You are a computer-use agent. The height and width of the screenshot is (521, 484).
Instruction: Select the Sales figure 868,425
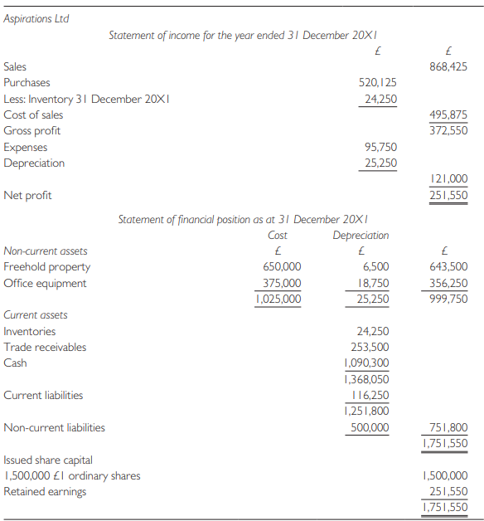click(x=448, y=66)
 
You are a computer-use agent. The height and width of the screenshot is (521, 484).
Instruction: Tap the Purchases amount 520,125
click(x=377, y=82)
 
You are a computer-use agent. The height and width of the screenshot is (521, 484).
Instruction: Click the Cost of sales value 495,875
click(x=448, y=114)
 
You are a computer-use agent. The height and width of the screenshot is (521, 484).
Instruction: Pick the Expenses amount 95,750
click(x=380, y=147)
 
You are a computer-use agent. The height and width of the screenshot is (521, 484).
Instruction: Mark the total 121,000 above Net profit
click(x=450, y=178)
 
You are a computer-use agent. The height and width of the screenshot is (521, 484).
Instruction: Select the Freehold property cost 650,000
click(x=281, y=267)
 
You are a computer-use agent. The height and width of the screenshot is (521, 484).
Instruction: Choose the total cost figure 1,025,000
click(x=278, y=299)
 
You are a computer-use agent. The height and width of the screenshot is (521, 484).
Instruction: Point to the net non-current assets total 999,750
click(x=448, y=299)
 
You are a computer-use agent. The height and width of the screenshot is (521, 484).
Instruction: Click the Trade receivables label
click(x=45, y=347)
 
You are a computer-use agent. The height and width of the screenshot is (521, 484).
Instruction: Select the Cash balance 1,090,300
click(x=365, y=363)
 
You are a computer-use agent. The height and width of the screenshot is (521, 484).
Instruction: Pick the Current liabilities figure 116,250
click(x=369, y=395)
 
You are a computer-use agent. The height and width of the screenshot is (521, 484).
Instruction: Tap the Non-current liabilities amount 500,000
click(x=369, y=427)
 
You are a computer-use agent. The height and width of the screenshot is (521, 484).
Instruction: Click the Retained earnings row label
click(x=45, y=491)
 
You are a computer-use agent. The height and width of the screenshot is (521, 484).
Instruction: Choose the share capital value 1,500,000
click(x=445, y=475)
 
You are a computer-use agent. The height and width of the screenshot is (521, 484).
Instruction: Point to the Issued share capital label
click(x=48, y=459)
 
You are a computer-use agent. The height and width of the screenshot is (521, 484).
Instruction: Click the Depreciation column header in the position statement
click(x=361, y=235)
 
